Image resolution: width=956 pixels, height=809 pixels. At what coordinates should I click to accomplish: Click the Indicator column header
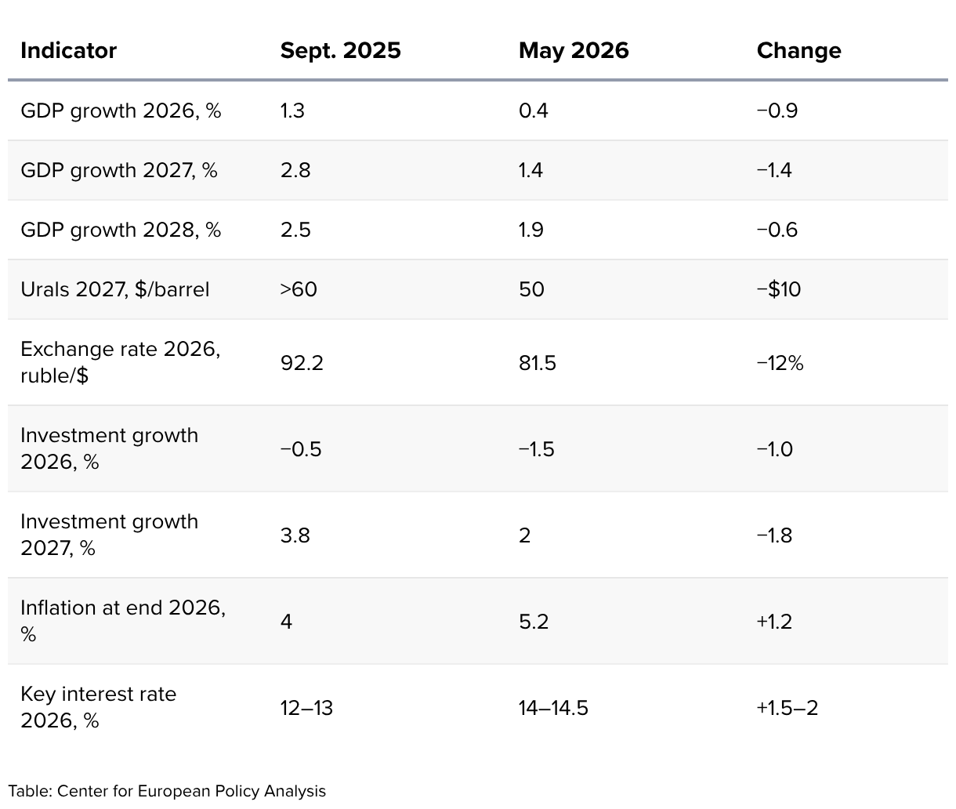(68, 50)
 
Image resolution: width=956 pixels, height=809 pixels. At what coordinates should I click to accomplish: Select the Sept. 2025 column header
(340, 51)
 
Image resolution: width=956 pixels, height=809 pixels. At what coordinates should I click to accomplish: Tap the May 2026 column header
(574, 51)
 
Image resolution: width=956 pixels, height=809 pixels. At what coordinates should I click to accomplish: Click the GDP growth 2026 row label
(121, 111)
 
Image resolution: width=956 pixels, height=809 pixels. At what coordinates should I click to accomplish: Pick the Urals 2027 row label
(114, 290)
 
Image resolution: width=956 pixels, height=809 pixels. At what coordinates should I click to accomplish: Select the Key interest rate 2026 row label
(98, 707)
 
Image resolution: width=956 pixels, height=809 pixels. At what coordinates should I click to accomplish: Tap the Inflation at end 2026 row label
(123, 621)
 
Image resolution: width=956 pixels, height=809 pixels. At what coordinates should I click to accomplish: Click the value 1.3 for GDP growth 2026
(292, 111)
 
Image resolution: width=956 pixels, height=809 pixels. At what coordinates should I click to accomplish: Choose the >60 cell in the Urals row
(299, 290)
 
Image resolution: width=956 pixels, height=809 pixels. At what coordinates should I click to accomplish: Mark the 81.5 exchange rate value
(537, 363)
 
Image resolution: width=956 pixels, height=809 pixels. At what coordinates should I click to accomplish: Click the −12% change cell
(780, 363)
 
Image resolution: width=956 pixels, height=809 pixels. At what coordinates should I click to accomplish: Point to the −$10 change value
(778, 290)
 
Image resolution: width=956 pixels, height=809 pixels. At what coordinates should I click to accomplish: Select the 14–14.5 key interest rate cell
(553, 708)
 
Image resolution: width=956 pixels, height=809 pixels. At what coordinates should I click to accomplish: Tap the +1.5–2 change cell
(788, 708)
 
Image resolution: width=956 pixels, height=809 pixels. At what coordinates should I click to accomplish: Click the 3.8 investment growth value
(295, 535)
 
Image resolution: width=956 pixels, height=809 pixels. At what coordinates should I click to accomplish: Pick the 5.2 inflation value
(534, 622)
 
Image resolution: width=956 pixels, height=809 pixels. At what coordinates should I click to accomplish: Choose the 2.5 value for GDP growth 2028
(295, 230)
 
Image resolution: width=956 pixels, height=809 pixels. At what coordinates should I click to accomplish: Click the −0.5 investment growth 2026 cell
(301, 449)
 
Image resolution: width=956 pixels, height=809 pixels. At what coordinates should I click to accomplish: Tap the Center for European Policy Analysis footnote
(167, 791)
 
